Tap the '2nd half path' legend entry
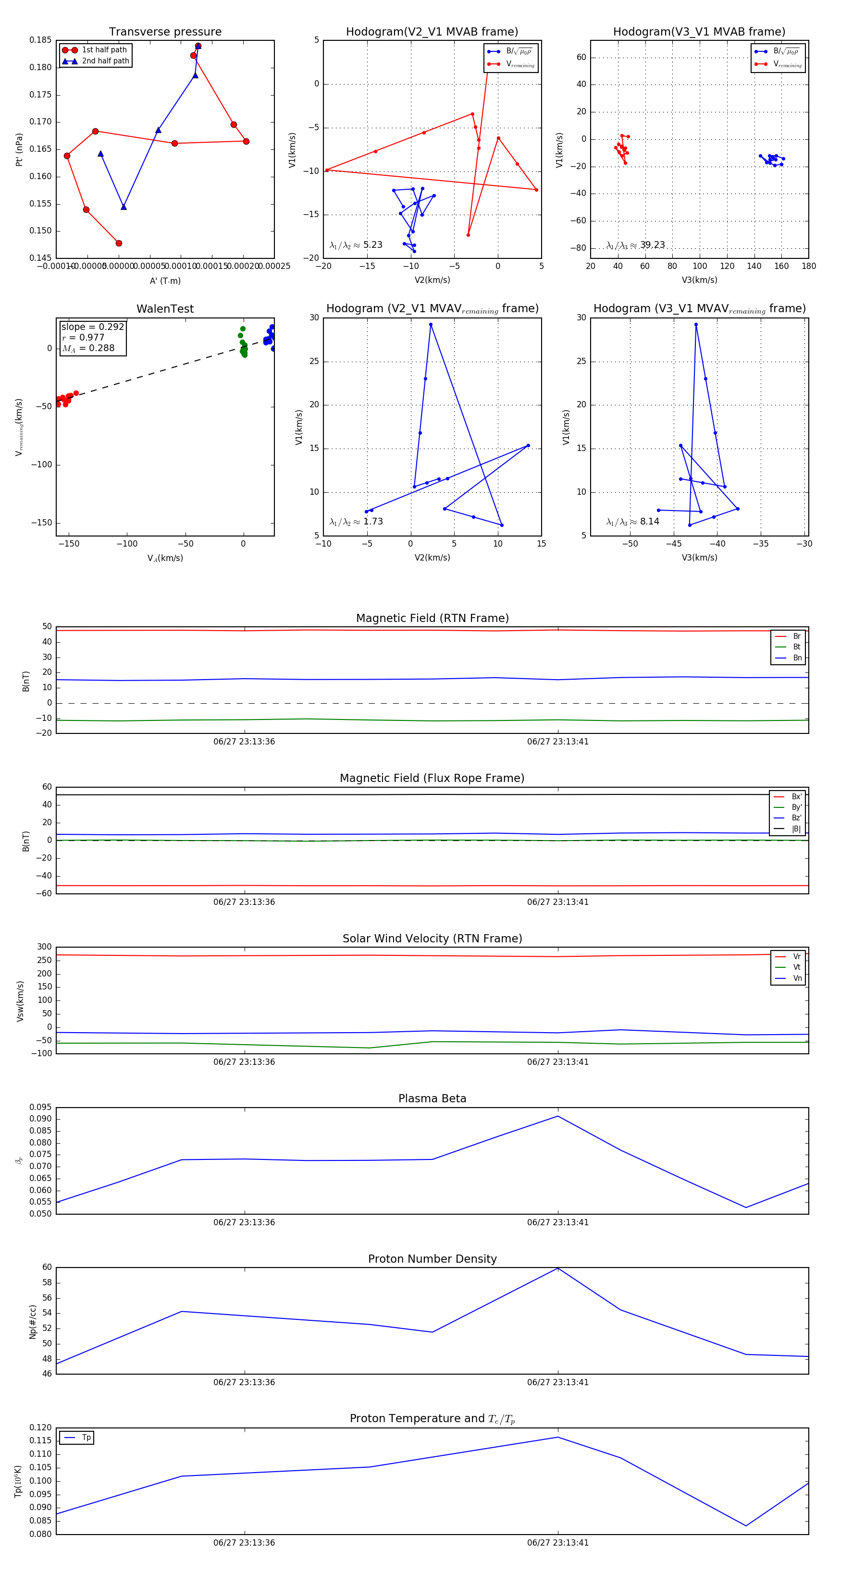(x=105, y=61)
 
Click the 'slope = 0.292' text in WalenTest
(x=92, y=327)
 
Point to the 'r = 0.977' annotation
(x=83, y=337)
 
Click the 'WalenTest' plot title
(x=165, y=309)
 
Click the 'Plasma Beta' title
(x=432, y=1098)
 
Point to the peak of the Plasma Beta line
(x=558, y=1116)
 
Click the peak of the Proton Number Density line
(x=558, y=1268)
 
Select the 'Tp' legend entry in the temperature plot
(x=86, y=1438)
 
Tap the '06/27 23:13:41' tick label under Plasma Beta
(x=558, y=1222)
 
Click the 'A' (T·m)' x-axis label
(x=165, y=280)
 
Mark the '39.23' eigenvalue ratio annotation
(x=652, y=245)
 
